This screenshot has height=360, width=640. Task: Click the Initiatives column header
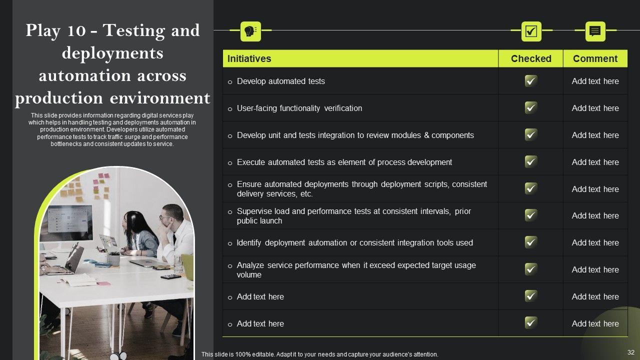pos(249,58)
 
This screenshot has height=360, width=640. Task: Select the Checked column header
pos(531,58)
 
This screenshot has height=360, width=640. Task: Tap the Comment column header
pos(595,58)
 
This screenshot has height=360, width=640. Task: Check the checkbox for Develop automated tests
pos(531,81)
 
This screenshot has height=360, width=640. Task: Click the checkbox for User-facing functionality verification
pos(531,108)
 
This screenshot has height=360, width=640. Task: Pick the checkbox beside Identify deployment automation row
pos(531,242)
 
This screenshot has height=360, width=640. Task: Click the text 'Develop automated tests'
pos(280,81)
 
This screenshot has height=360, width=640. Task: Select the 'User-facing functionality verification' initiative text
pos(299,108)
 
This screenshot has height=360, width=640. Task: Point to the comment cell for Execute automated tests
pos(595,162)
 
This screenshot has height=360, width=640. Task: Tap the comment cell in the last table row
pos(595,323)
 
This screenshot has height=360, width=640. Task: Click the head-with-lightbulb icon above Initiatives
pos(250,31)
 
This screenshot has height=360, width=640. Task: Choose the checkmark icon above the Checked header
pos(531,31)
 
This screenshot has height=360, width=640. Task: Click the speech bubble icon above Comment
pos(595,31)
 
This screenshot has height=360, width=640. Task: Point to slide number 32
pos(630,352)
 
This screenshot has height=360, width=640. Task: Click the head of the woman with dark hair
pos(133,220)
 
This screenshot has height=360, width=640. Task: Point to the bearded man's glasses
pos(165,217)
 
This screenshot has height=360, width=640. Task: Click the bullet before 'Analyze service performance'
pos(230,266)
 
